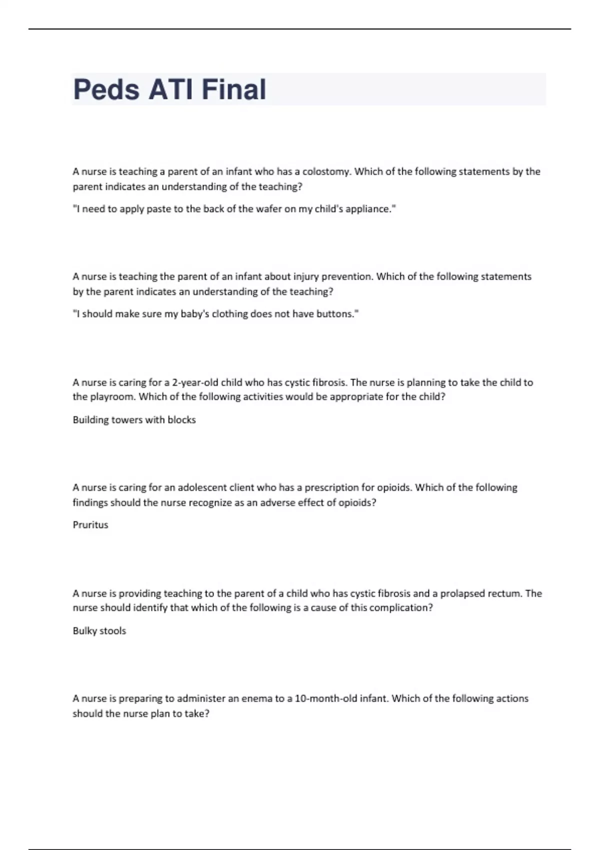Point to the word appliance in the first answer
pyautogui.click(x=369, y=209)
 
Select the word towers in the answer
pyautogui.click(x=126, y=420)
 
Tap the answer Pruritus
pyautogui.click(x=90, y=525)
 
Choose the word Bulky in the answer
pyautogui.click(x=84, y=631)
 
